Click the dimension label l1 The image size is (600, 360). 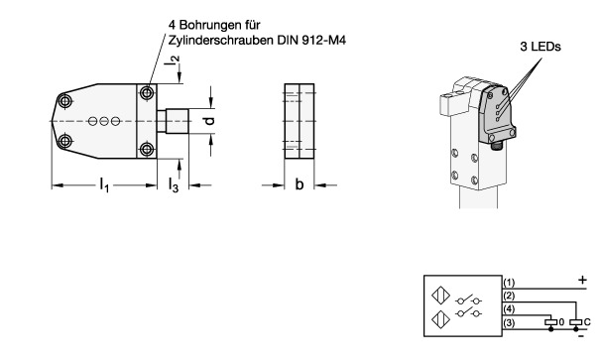(104, 184)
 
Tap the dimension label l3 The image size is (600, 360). (174, 185)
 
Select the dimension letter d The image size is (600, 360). (209, 121)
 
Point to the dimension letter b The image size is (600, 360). (300, 184)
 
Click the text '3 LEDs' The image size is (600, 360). (540, 47)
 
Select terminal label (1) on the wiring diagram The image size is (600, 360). (509, 283)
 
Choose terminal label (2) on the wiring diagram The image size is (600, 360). (509, 296)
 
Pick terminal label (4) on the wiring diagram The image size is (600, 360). (509, 309)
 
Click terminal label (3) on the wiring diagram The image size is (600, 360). (509, 323)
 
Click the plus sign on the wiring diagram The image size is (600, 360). (582, 280)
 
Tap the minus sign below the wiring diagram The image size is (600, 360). (581, 336)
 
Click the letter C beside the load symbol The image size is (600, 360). (587, 322)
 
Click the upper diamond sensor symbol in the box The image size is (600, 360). (440, 296)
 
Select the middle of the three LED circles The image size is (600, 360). (104, 121)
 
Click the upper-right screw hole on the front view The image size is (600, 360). (147, 92)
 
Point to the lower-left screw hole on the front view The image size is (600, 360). (65, 141)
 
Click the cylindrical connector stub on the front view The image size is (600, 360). (173, 121)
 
